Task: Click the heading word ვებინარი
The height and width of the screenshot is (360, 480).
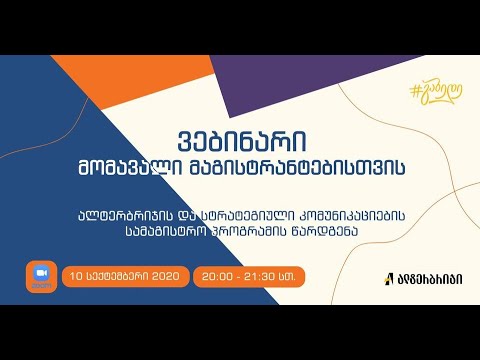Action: point(240,138)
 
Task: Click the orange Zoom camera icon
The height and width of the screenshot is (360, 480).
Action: point(41,275)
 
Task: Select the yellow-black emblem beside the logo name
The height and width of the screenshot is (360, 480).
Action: point(388,278)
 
